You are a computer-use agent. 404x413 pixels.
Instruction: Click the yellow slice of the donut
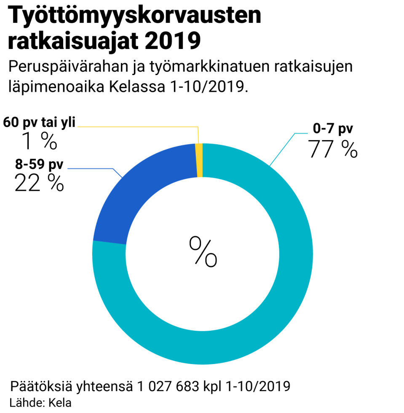199,160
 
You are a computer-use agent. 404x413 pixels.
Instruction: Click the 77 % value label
333,148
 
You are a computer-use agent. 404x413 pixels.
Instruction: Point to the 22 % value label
39,183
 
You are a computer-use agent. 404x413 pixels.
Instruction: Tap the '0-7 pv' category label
333,129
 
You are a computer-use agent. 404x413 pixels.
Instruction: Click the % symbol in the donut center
203,251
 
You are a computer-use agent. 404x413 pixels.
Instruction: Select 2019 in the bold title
171,41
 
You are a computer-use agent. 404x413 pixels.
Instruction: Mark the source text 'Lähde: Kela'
40,402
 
